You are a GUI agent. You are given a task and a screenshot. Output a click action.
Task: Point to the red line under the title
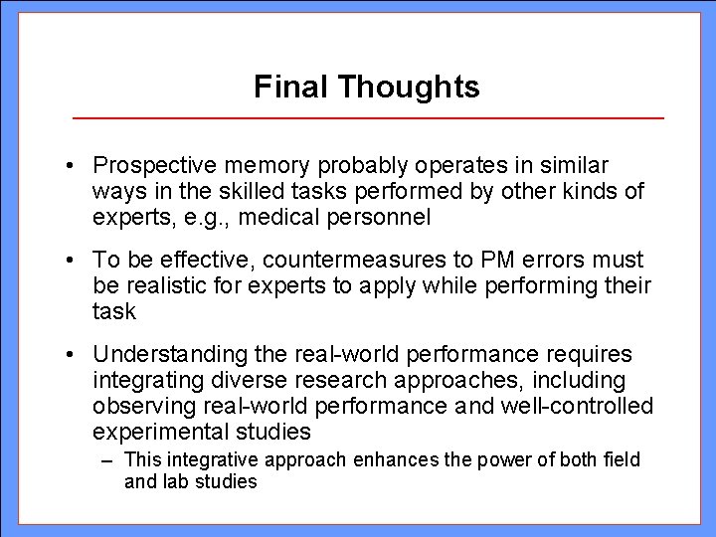click(368, 118)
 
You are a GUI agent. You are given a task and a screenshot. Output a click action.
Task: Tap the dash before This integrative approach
click(106, 460)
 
